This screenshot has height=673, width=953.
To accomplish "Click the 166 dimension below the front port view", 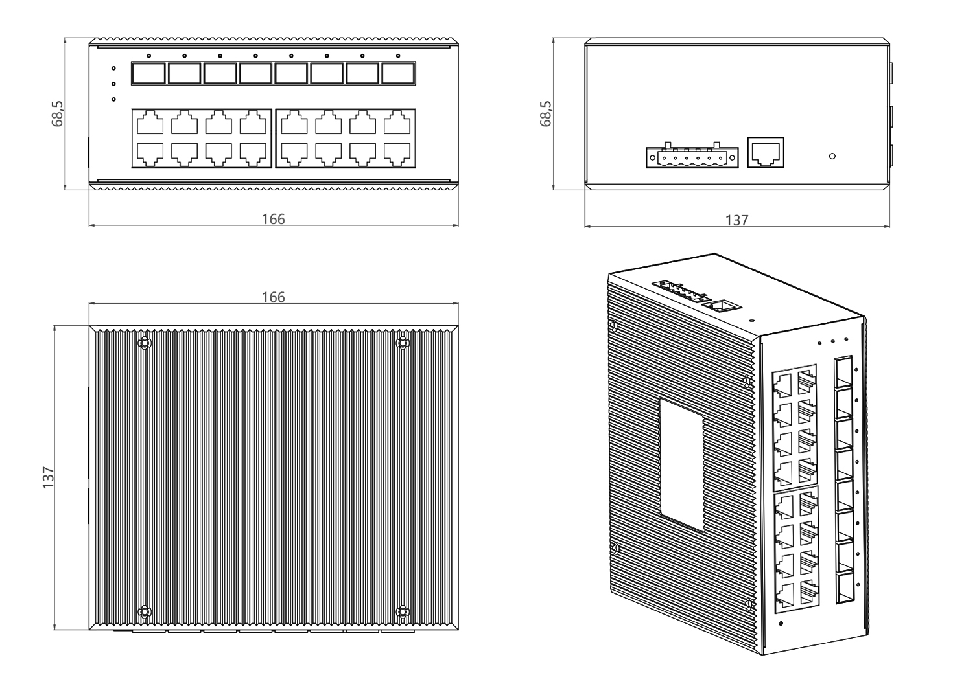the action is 273,219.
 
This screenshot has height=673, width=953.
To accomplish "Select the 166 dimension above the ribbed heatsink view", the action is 273,297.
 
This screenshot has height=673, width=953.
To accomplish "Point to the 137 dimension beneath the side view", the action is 736,220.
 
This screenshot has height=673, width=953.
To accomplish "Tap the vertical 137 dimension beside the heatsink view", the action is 49,477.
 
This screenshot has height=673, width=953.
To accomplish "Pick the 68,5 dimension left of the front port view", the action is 57,113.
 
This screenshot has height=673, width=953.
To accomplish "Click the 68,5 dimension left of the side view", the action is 545,113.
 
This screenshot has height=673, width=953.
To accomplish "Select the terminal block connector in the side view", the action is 692,156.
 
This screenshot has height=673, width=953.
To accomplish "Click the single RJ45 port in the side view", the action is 766,152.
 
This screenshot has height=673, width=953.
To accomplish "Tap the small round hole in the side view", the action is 832,156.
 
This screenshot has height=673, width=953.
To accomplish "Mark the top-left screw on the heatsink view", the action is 145,343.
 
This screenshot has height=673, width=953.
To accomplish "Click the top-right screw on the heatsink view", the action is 402,343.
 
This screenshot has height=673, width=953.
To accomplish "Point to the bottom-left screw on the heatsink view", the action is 145,611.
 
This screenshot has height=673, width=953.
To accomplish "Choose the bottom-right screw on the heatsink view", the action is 402,611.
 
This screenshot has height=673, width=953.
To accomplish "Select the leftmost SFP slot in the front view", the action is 148,74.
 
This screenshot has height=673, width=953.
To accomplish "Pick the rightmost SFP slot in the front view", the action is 398,74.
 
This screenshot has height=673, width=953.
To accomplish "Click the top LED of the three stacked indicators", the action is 113,68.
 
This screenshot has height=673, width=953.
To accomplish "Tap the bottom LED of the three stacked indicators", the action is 113,100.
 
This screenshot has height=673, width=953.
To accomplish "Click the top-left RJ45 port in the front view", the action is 150,122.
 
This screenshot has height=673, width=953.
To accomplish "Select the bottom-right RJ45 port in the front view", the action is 397,154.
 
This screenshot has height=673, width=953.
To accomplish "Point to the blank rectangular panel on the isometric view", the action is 682,464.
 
